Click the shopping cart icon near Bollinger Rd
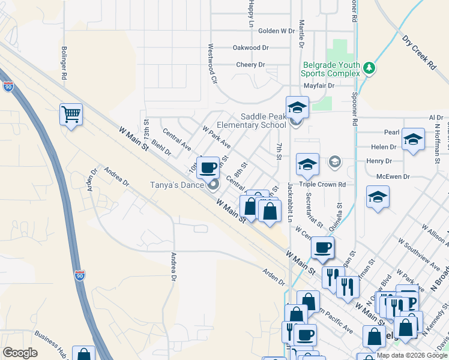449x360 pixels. point(71,113)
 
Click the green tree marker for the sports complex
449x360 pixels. point(370,68)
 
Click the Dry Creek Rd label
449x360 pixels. point(418,53)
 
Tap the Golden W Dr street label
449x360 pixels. point(276,31)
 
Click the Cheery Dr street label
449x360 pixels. point(250,64)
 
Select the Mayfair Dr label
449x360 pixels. point(318,85)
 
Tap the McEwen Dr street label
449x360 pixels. point(393,177)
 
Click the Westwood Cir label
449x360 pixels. point(211,63)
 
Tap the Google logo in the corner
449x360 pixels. point(20,353)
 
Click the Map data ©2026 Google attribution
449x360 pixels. point(412,355)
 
